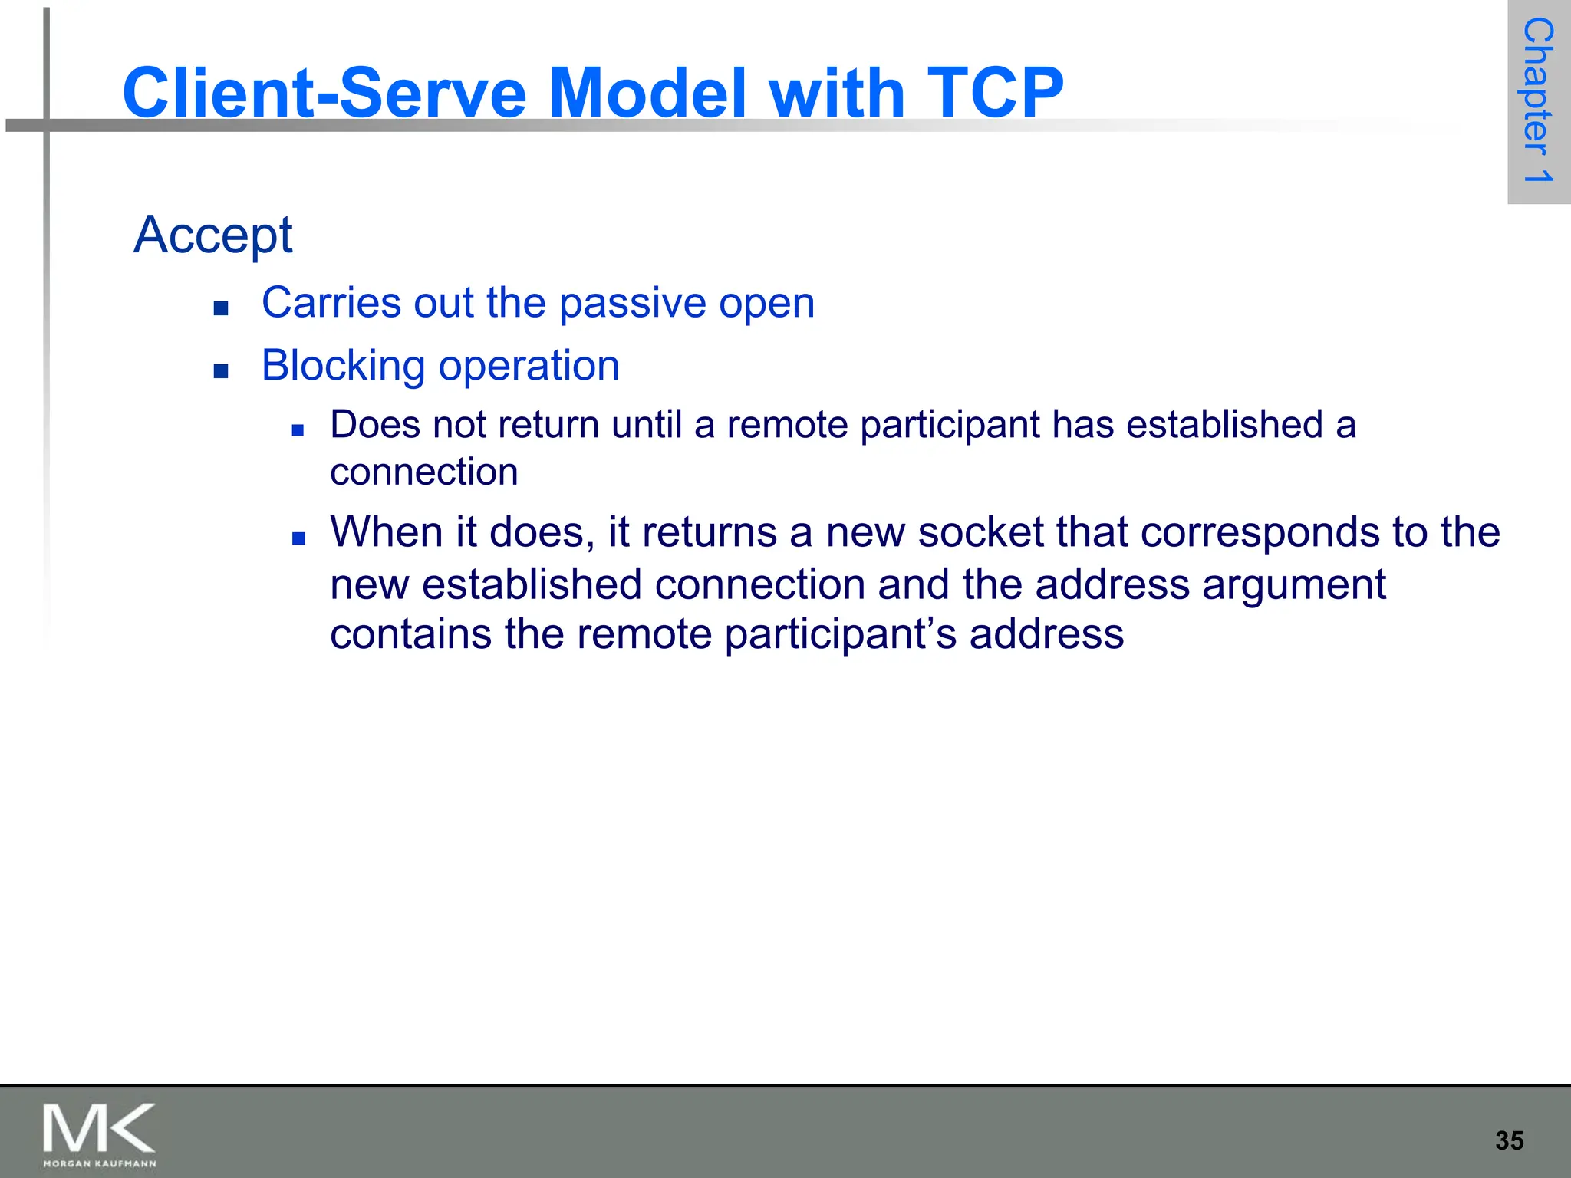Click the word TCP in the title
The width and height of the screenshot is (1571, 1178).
995,93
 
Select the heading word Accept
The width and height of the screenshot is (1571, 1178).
212,235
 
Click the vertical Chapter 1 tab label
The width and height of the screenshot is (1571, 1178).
1538,100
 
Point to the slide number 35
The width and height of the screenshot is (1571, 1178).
1509,1140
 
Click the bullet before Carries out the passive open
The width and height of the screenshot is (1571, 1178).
222,308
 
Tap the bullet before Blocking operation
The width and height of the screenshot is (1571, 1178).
222,371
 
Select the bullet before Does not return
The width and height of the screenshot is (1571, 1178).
298,430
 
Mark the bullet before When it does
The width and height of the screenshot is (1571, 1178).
298,538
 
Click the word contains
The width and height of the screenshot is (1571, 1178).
410,634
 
